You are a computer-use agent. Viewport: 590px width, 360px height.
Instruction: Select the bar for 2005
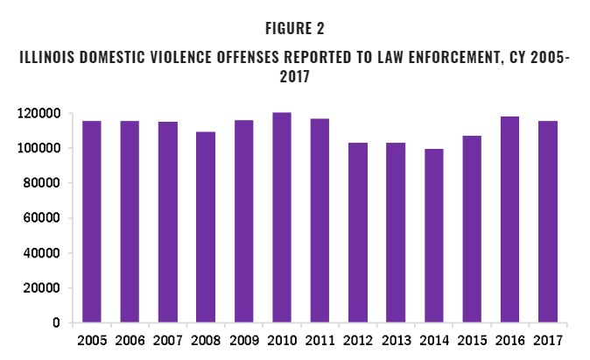point(92,222)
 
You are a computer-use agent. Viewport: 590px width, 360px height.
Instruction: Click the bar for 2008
point(206,228)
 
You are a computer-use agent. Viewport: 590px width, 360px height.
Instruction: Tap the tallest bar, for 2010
point(282,218)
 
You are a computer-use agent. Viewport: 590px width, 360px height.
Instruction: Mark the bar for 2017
point(548,222)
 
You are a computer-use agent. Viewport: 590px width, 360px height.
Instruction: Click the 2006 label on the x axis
point(130,341)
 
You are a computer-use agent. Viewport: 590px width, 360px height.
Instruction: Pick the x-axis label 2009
point(243,341)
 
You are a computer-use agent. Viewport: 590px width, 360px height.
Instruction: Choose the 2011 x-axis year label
point(320,341)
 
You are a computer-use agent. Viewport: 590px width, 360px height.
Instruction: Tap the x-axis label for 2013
point(396,341)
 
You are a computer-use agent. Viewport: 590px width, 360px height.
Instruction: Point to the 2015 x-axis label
point(472,341)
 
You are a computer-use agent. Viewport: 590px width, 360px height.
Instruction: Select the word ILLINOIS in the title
point(49,59)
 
